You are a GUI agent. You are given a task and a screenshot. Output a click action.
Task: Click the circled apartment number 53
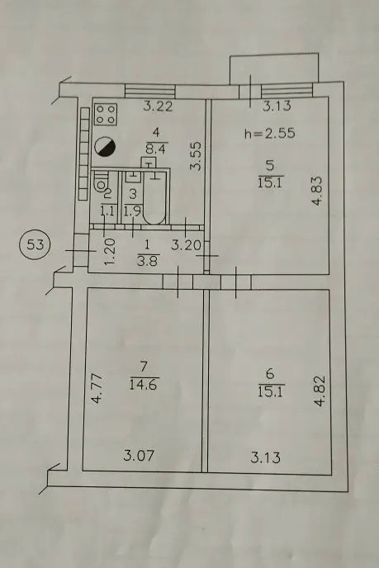click(x=36, y=245)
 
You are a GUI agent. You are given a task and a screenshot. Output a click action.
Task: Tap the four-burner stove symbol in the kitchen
click(x=106, y=114)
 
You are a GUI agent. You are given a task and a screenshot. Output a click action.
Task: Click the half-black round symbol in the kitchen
click(x=105, y=147)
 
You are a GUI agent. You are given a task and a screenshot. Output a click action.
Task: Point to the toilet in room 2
click(x=99, y=183)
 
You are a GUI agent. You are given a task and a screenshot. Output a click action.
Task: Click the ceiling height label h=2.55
click(x=270, y=134)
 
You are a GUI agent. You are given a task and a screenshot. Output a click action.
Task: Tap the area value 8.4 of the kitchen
click(x=156, y=149)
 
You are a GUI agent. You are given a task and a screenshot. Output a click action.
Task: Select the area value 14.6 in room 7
click(x=144, y=384)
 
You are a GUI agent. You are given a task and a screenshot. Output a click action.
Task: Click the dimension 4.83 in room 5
click(x=317, y=191)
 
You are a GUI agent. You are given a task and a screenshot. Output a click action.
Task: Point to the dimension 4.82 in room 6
click(x=320, y=391)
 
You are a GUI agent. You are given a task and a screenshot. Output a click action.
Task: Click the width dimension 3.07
click(x=139, y=456)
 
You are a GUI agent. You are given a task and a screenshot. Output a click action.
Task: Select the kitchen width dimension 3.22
click(x=158, y=106)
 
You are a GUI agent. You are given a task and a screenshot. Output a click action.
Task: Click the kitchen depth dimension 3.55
click(x=197, y=156)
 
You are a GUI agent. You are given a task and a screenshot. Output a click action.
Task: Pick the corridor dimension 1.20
click(x=110, y=252)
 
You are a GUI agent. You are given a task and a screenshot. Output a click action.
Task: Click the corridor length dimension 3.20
click(x=186, y=245)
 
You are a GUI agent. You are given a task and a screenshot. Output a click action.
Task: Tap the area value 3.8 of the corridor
click(x=148, y=260)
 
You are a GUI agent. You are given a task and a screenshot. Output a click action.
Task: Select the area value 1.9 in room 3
click(x=132, y=211)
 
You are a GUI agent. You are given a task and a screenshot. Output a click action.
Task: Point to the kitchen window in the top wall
click(x=150, y=91)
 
